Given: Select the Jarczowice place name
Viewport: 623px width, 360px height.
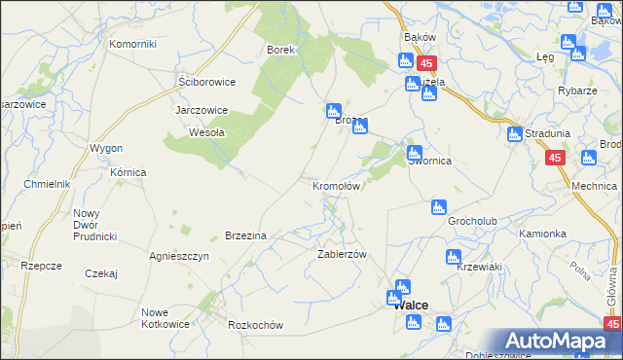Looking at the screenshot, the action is click(x=201, y=110).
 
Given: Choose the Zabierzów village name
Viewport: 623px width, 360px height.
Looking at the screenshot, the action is click(x=341, y=253).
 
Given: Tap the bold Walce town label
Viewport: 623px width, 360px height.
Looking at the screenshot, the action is click(x=410, y=306).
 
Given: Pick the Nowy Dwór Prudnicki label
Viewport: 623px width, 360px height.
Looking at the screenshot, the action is click(x=94, y=225).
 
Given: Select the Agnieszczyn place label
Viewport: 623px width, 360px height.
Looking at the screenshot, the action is click(x=179, y=256).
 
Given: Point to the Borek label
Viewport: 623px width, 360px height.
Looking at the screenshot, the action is click(x=280, y=49).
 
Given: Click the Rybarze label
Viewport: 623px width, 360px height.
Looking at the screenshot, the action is click(x=577, y=90).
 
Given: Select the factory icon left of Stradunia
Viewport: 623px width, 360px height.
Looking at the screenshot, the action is click(x=514, y=134).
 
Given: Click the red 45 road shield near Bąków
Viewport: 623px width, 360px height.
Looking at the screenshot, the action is click(x=427, y=62).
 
